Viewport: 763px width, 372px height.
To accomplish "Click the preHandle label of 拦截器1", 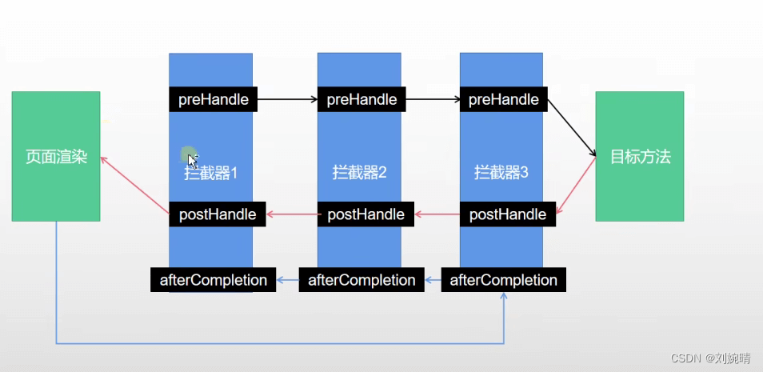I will tap(214, 100).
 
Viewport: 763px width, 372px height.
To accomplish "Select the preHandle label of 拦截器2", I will tap(362, 100).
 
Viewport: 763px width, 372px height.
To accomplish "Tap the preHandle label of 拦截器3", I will tap(504, 100).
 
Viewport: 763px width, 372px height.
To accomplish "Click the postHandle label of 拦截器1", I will tap(218, 214).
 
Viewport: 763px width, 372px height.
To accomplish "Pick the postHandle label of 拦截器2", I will tap(366, 214).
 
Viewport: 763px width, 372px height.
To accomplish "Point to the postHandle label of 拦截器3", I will tap(508, 214).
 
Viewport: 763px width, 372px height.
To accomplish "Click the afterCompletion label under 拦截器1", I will tap(214, 280).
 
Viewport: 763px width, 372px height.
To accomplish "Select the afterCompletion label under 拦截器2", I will tap(362, 280).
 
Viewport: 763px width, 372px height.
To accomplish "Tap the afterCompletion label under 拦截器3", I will tap(504, 280).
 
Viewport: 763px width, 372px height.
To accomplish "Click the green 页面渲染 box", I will tap(56, 156).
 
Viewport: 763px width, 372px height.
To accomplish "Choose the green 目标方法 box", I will tap(640, 156).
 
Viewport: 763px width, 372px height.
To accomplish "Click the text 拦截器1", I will tap(211, 173).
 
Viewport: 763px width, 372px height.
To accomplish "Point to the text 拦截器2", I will tap(360, 172).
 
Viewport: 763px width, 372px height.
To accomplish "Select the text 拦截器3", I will tap(501, 172).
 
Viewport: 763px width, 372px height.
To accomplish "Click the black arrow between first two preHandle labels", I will tap(288, 100).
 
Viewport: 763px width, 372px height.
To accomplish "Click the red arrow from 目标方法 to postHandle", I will tap(577, 186).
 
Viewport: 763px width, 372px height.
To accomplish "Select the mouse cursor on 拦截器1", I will tap(192, 159).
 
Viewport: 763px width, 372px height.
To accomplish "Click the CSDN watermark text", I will tap(710, 359).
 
